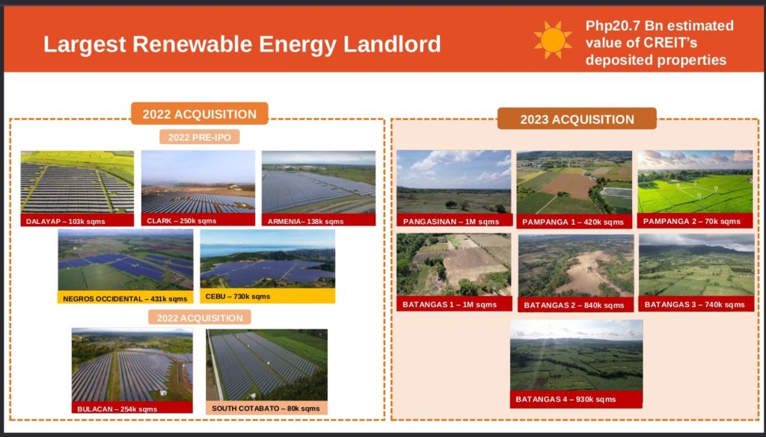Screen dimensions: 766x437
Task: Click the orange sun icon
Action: coord(553,40)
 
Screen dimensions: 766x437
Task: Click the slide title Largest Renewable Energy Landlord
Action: coord(242,44)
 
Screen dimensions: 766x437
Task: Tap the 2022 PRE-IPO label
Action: coord(199,137)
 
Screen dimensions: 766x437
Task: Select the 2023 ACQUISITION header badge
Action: coord(577,120)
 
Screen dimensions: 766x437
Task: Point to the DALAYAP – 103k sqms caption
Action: coord(66,221)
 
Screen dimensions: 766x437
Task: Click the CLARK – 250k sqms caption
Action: coord(181,221)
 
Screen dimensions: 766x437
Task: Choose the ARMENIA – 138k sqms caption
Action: coord(305,221)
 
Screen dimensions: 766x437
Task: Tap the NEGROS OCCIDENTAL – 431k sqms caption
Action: coord(125,299)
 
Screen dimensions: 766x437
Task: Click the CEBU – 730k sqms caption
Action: coord(237,296)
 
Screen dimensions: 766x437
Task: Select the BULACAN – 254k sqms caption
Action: coord(117,409)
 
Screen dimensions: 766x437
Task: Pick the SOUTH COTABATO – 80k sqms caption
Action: coord(266,408)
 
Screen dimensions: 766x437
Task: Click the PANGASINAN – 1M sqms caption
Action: coord(451,221)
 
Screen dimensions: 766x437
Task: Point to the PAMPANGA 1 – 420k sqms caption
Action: coord(572,222)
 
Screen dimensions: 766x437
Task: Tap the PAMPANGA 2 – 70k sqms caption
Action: coord(691,221)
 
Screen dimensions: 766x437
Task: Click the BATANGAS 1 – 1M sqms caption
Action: coord(450,305)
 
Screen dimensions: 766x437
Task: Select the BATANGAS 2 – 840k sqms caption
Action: coord(574,306)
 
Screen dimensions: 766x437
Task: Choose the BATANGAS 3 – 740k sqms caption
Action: coord(695,304)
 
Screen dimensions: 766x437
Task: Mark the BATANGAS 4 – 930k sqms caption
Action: coord(566,399)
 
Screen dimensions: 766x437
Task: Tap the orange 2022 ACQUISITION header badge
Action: coord(199,114)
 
